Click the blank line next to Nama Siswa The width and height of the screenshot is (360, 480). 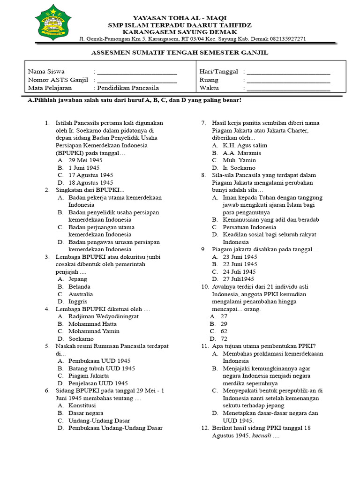[136, 73]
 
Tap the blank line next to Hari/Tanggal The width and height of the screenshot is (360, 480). [288, 73]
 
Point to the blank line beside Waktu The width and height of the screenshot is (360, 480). [288, 89]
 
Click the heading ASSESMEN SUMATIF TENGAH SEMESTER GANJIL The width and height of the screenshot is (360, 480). [180, 52]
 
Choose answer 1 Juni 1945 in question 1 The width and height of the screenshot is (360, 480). [84, 167]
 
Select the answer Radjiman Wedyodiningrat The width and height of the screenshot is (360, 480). [103, 316]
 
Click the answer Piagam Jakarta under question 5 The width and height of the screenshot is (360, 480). [89, 375]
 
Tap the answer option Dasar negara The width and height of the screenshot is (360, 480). [86, 413]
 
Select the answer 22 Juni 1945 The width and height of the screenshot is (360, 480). [240, 264]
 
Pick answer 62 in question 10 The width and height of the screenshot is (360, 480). [224, 331]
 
